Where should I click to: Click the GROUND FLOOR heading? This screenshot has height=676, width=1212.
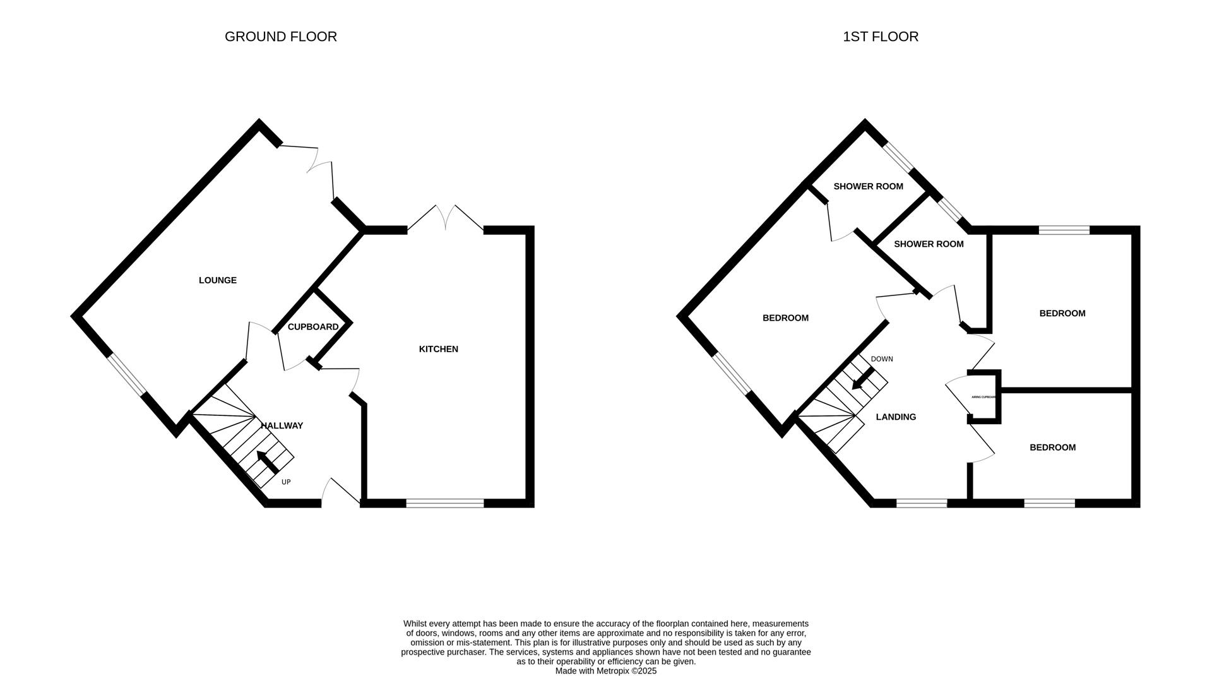pos(280,37)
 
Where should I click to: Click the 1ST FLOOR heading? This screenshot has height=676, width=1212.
pos(880,37)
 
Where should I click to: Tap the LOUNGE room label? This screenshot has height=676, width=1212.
pos(218,280)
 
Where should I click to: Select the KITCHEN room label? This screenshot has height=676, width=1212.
pos(438,349)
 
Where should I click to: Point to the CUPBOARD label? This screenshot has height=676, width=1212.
pos(313,327)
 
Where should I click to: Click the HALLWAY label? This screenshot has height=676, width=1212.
pos(282,425)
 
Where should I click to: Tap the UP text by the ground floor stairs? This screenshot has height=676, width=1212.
pos(286,482)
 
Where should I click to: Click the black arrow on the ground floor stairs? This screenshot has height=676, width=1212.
pos(267,461)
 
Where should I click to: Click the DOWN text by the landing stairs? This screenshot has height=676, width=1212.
pos(882,359)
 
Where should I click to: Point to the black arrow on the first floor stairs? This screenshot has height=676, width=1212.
pos(861,380)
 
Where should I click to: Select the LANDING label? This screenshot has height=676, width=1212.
pos(896,417)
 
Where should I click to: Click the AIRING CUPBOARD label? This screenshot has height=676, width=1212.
pos(983,397)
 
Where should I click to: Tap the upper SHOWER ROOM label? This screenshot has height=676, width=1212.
pos(868,186)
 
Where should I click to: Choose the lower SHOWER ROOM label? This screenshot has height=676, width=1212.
pos(929,244)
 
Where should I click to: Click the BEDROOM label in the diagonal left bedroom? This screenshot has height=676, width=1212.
pos(785,318)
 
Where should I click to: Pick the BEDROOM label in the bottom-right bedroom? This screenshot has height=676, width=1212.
pos(1052,448)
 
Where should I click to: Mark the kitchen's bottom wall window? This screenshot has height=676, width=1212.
pos(444,503)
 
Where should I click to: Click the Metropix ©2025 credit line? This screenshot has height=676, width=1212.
pos(605,671)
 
